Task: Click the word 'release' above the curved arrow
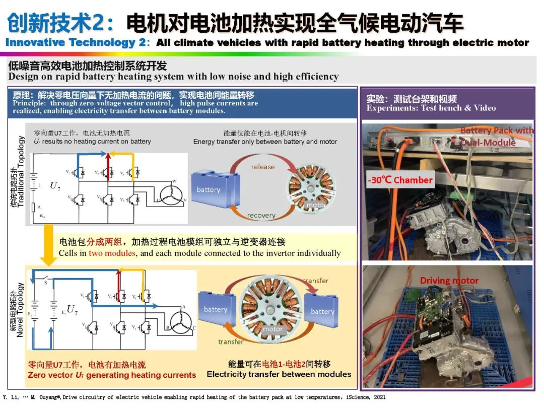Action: [263, 167]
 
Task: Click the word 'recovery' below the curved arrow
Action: [261, 216]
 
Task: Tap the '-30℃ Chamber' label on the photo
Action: [400, 180]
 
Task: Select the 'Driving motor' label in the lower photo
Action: [449, 281]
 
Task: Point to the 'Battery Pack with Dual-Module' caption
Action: [496, 137]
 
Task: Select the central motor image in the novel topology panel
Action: [273, 308]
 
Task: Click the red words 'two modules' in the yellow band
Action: [112, 253]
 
